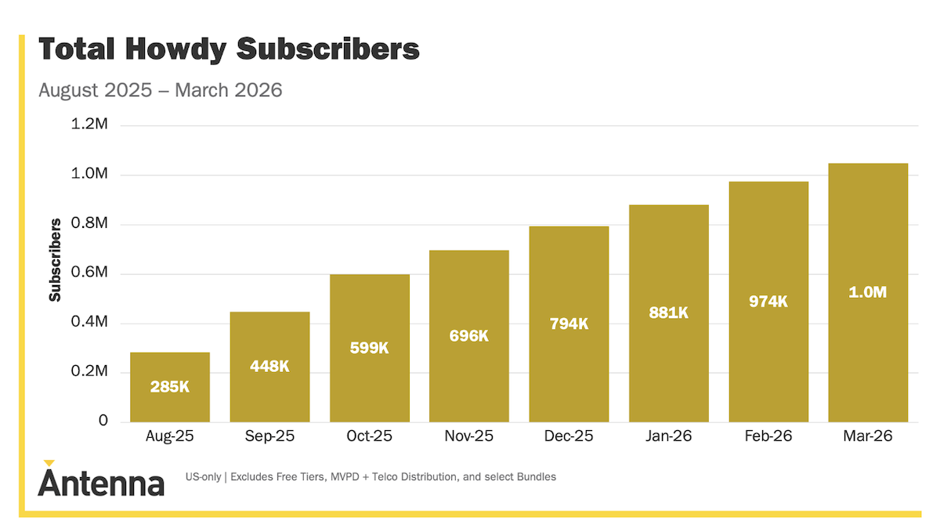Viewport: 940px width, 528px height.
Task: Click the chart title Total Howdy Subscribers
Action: [x=229, y=49]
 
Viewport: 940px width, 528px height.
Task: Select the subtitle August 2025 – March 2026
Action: [x=160, y=90]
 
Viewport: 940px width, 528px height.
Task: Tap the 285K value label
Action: [x=170, y=386]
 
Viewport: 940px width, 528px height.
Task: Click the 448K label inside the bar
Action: [x=269, y=366]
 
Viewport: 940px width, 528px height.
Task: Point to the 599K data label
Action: [x=369, y=348]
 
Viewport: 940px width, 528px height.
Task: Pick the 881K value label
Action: [x=668, y=313]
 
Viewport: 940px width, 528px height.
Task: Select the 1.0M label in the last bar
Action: [x=868, y=292]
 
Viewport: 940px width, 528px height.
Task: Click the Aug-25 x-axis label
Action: [x=170, y=436]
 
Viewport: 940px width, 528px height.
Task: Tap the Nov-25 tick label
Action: [x=468, y=436]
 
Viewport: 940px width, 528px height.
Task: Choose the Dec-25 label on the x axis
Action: [x=569, y=436]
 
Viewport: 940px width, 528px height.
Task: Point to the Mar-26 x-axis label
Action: [x=868, y=436]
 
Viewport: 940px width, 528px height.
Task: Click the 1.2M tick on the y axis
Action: [x=89, y=125]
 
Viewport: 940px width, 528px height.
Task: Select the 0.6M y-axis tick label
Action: [x=89, y=273]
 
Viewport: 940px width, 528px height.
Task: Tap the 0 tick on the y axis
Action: [x=103, y=421]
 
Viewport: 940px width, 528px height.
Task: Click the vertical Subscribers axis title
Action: [x=55, y=261]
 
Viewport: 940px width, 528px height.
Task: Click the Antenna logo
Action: [x=101, y=479]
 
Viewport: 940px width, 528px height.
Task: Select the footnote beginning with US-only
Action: [x=371, y=476]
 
